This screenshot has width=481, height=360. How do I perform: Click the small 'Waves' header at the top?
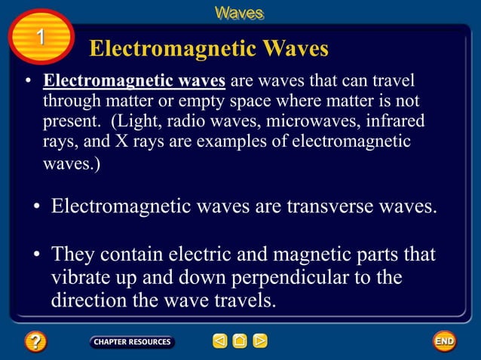240,13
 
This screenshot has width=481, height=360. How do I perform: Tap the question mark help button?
35,341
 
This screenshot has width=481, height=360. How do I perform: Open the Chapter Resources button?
132,342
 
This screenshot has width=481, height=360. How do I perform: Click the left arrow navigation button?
219,341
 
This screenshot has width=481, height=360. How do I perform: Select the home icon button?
240,341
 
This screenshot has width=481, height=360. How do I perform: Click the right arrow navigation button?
259,341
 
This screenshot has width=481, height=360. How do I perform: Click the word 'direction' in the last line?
88,301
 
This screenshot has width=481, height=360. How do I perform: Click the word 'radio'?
184,121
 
